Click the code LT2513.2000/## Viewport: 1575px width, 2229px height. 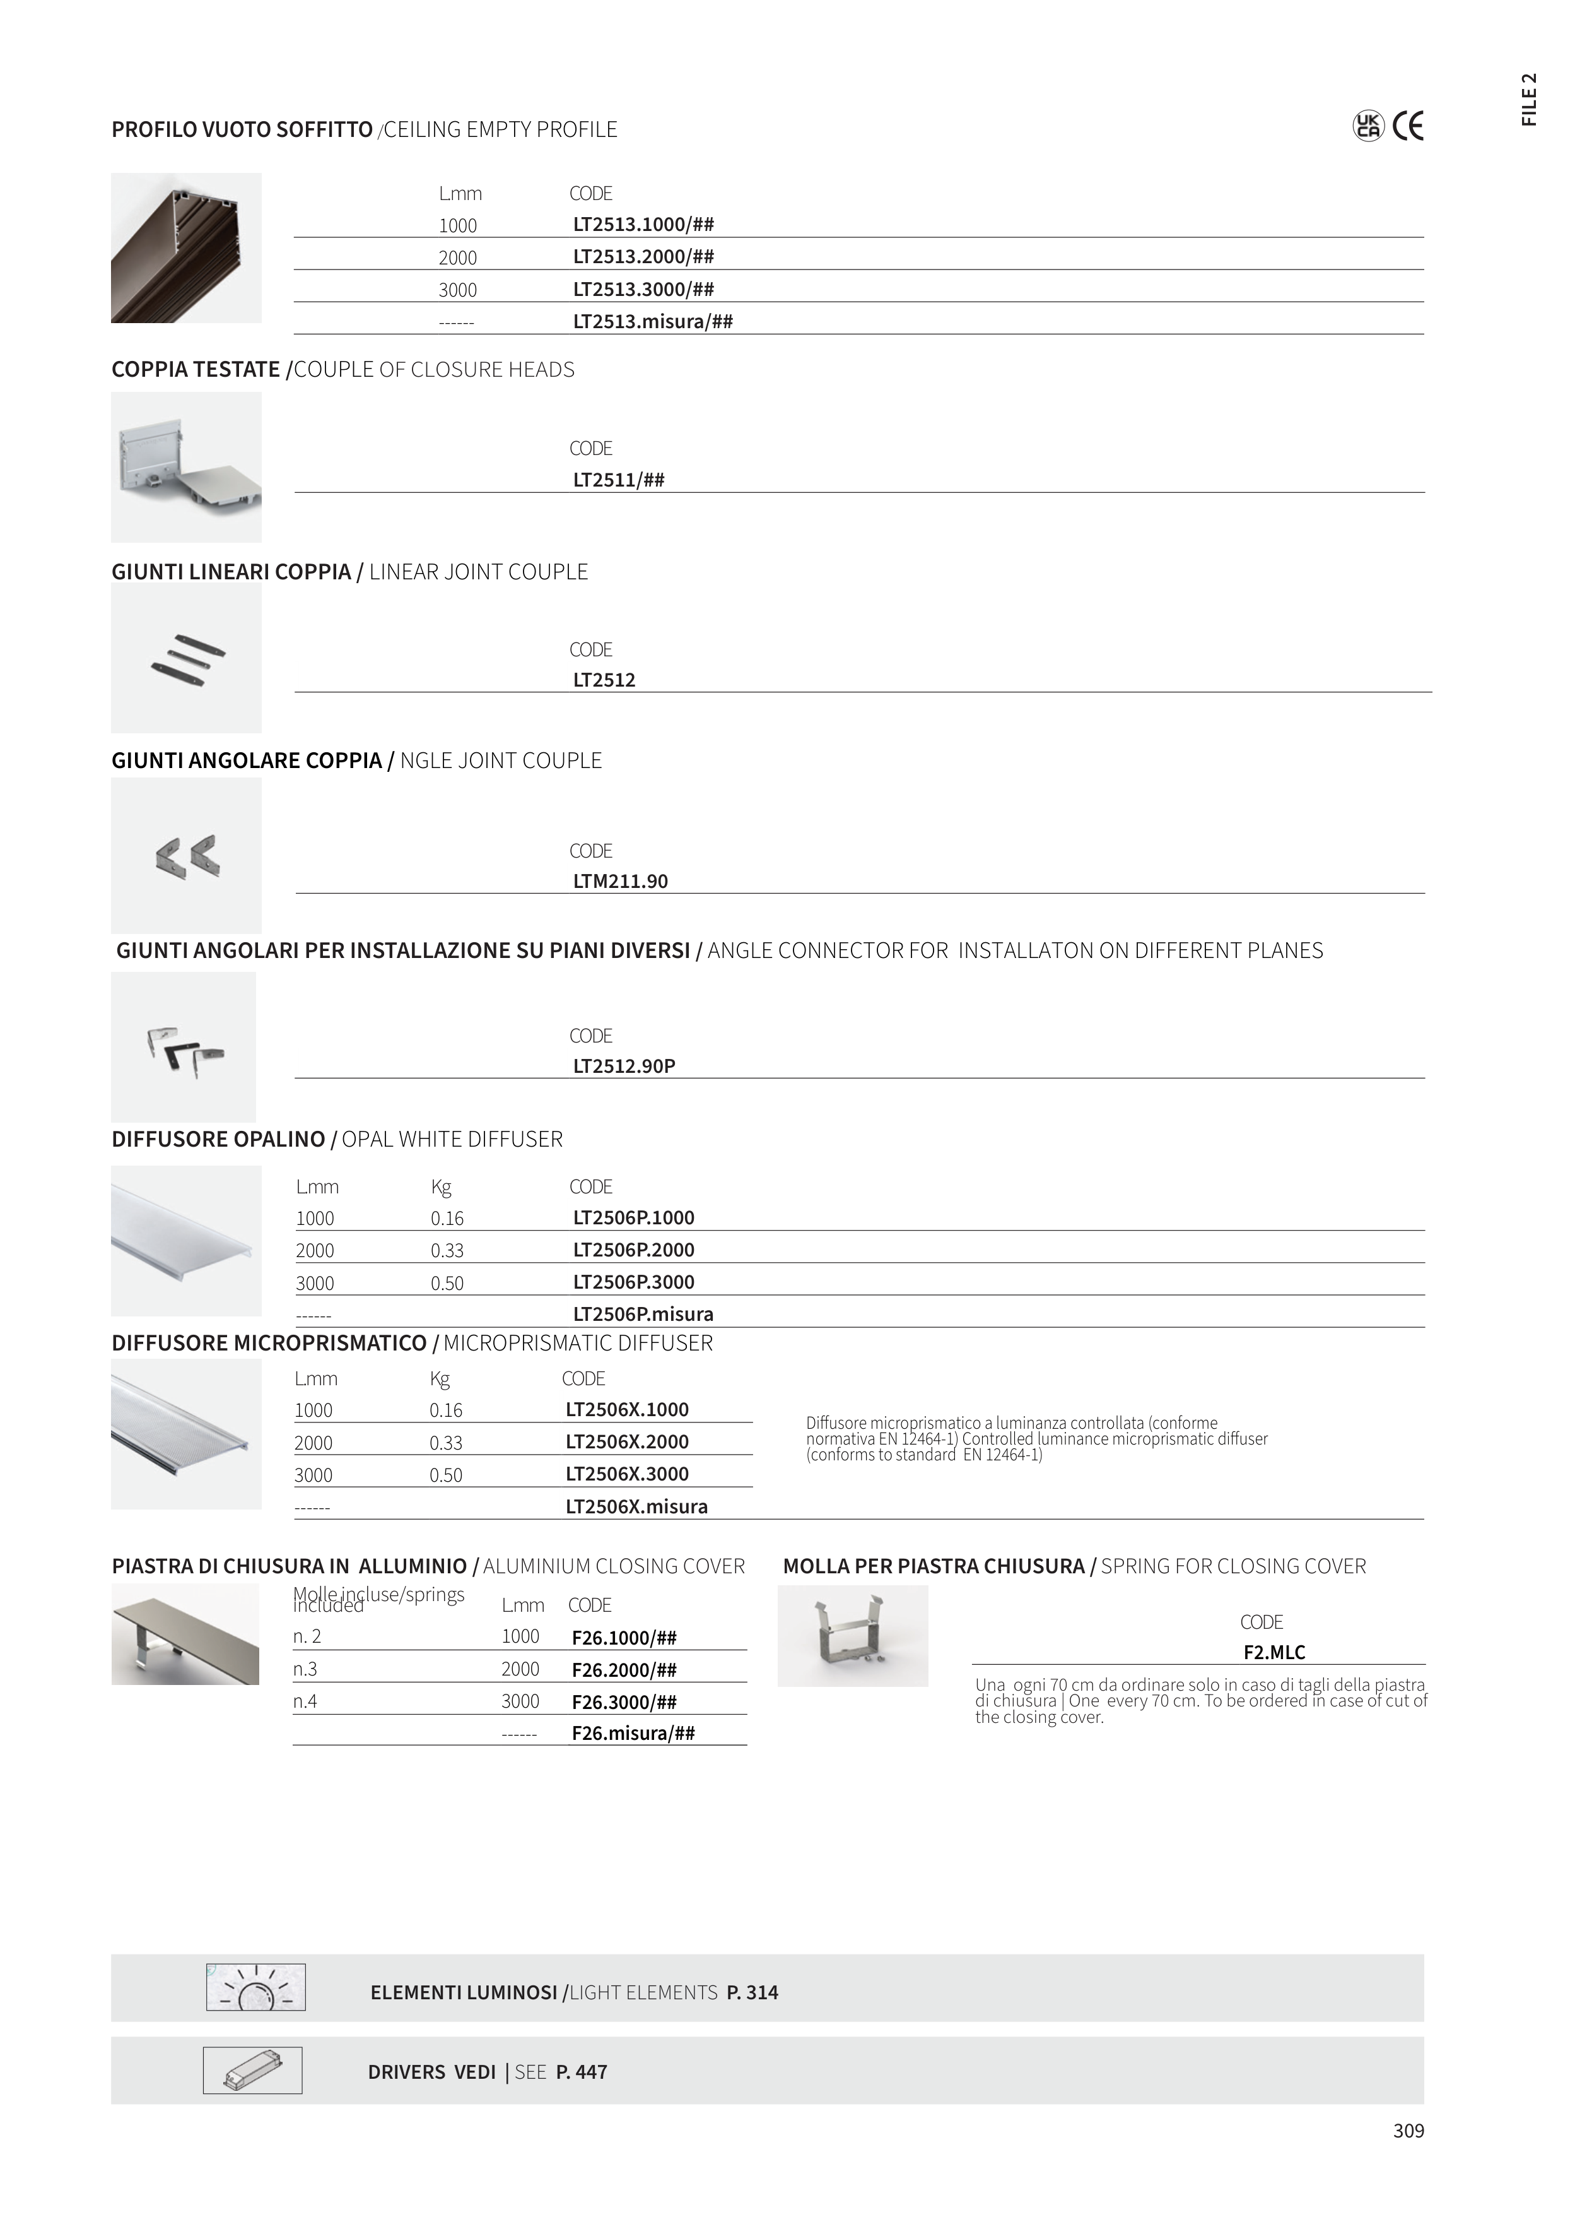click(x=643, y=257)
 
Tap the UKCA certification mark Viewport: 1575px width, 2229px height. click(x=1367, y=127)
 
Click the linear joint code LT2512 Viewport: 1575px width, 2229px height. click(x=604, y=680)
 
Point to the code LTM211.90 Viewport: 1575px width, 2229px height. click(x=620, y=882)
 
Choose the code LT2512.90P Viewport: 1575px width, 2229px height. click(x=624, y=1066)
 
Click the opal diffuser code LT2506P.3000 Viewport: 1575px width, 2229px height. click(x=634, y=1282)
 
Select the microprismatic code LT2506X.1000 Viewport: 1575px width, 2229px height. click(x=627, y=1410)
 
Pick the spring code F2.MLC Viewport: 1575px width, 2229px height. click(x=1274, y=1652)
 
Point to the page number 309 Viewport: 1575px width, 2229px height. click(x=1408, y=2131)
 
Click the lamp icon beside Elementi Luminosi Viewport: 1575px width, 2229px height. click(x=256, y=1987)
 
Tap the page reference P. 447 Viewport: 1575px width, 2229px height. click(x=582, y=2072)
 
